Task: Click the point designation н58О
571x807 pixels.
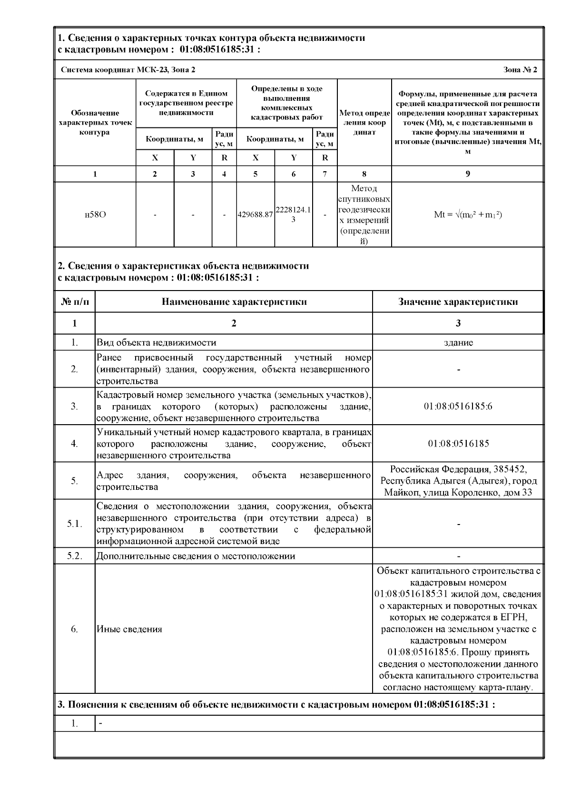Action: pyautogui.click(x=95, y=214)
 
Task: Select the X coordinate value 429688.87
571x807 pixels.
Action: pyautogui.click(x=256, y=214)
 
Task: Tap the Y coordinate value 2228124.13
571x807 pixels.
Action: pyautogui.click(x=293, y=214)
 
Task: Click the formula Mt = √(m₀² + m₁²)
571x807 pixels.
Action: pyautogui.click(x=468, y=214)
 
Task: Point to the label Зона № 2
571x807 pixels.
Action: pyautogui.click(x=520, y=70)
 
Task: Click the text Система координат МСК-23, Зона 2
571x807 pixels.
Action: pyautogui.click(x=128, y=70)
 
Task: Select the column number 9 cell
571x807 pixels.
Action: pyautogui.click(x=468, y=174)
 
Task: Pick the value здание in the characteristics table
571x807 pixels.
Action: pyautogui.click(x=458, y=342)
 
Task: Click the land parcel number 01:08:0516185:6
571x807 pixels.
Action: pyautogui.click(x=458, y=407)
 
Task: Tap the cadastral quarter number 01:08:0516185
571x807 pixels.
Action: pyautogui.click(x=458, y=444)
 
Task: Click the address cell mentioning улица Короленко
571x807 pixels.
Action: pyautogui.click(x=458, y=481)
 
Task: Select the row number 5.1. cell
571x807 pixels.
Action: pyautogui.click(x=75, y=524)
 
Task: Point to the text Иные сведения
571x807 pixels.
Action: pyautogui.click(x=129, y=629)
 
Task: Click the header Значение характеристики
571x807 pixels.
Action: pyautogui.click(x=458, y=301)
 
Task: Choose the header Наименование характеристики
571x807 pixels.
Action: pyautogui.click(x=234, y=301)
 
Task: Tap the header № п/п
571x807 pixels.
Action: pyautogui.click(x=75, y=301)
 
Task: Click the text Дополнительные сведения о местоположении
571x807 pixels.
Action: pyautogui.click(x=196, y=556)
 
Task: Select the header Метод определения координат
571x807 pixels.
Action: pyautogui.click(x=364, y=123)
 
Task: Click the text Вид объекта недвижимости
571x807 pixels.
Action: pyautogui.click(x=157, y=342)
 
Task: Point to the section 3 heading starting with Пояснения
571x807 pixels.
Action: pyautogui.click(x=276, y=704)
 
